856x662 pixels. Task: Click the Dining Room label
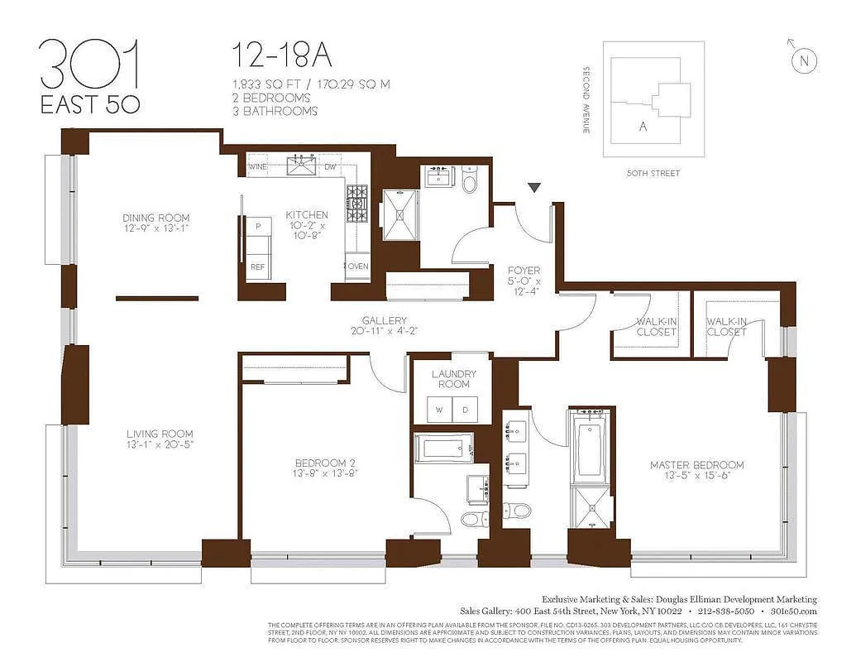point(156,218)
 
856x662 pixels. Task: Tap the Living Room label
point(160,434)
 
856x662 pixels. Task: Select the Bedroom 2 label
point(324,463)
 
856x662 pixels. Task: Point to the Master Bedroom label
point(696,465)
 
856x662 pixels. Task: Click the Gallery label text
point(384,320)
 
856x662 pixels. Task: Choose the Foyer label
point(524,271)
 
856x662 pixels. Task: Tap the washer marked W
point(439,409)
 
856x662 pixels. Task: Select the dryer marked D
point(465,409)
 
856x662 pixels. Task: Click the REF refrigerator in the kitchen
point(258,266)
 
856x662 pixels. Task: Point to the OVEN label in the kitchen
point(358,266)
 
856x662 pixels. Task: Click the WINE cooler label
point(257,167)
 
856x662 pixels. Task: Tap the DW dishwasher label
point(330,167)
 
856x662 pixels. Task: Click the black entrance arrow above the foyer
point(535,188)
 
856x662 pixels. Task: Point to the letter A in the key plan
point(643,127)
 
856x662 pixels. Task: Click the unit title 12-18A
point(281,55)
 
